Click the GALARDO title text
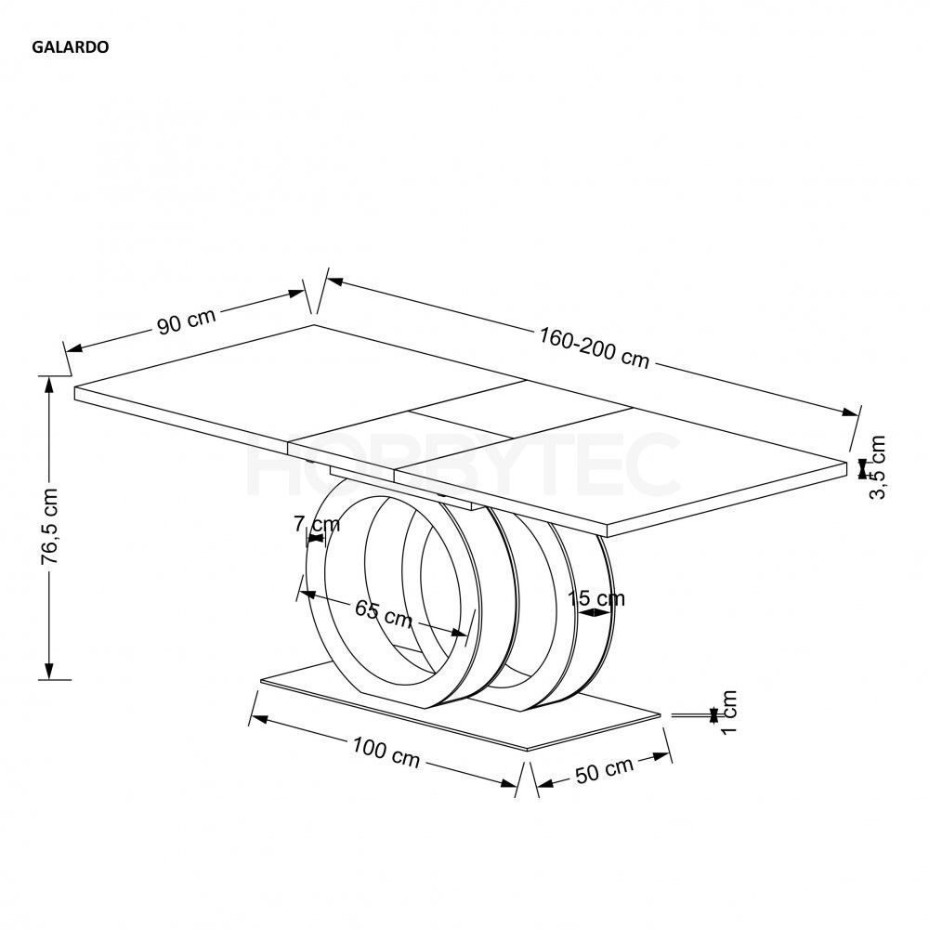coord(71,47)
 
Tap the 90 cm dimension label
coord(186,321)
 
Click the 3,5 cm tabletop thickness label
coord(877,467)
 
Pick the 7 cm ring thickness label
coord(317,524)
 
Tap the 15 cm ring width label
coord(596,599)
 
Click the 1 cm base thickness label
coord(728,711)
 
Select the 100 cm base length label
coord(386,752)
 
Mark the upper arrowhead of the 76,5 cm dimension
coord(49,386)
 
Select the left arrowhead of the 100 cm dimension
coord(258,719)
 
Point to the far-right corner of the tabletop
coord(848,461)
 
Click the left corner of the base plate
coord(261,681)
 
